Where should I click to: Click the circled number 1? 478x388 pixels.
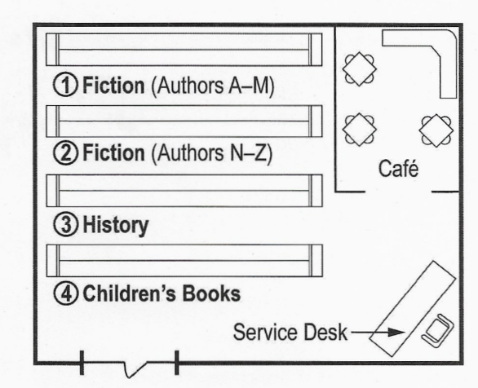65,85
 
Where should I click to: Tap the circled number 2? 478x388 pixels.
65,153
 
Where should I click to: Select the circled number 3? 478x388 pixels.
65,224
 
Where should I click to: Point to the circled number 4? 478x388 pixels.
65,293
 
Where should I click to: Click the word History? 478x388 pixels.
116,226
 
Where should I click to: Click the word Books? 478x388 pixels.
211,293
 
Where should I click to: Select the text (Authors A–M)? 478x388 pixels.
212,86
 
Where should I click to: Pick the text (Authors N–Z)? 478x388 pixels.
211,153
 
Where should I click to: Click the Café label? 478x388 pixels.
398,168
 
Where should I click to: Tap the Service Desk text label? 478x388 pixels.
290,333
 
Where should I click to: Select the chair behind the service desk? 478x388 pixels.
437,330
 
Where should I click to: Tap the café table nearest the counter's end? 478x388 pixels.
436,130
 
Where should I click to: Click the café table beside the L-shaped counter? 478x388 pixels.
360,68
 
